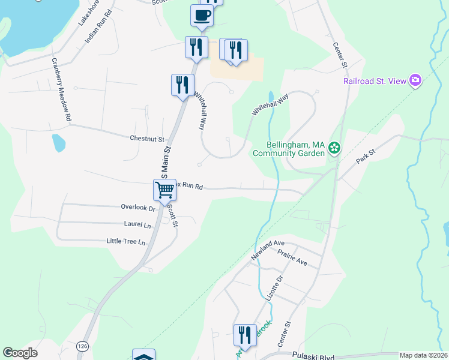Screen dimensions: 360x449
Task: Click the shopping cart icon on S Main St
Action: (164, 190)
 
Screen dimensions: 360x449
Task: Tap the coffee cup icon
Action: (202, 15)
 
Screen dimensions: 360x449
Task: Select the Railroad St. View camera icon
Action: (415, 80)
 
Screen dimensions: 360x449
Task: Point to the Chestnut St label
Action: (147, 139)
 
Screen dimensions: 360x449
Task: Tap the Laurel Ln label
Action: (137, 225)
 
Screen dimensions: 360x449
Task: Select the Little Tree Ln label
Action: (126, 242)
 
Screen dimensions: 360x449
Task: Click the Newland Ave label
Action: (267, 249)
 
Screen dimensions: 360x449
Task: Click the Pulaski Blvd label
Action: (312, 355)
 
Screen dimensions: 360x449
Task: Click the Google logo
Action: (20, 353)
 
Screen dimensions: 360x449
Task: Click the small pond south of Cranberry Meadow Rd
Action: (58, 143)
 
